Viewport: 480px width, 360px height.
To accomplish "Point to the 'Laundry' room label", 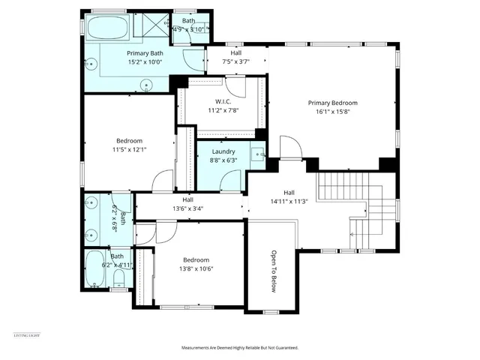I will coord(223,151).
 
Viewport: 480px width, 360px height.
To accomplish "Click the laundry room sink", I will coord(256,154).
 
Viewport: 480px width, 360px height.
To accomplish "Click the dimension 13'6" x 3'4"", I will coord(187,208).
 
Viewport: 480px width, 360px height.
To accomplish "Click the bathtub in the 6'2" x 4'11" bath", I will coord(96,269).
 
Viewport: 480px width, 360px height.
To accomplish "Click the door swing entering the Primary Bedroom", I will coord(289,148).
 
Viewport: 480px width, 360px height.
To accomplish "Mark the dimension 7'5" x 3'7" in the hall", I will coord(236,61).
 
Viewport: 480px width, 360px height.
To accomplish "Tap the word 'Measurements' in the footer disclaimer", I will coord(198,348).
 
